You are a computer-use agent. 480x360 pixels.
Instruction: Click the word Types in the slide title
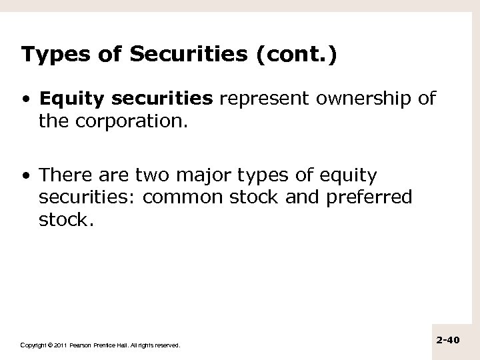tap(47, 55)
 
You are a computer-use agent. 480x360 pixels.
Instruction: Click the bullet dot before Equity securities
tap(25, 100)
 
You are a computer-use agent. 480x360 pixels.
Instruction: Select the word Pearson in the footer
tap(83, 345)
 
